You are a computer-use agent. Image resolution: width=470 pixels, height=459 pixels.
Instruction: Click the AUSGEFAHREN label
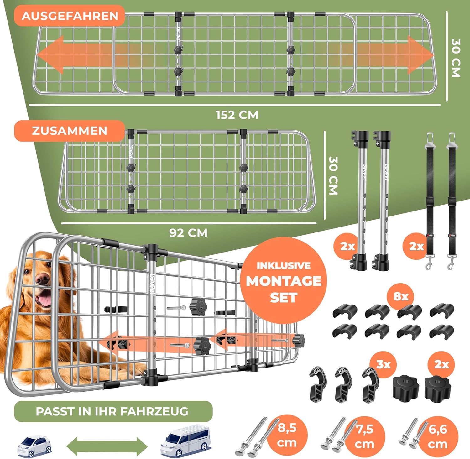point(70,16)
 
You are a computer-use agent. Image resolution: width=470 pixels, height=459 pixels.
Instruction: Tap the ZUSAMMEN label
point(69,131)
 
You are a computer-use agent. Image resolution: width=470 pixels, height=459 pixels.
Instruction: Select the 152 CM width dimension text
point(237,115)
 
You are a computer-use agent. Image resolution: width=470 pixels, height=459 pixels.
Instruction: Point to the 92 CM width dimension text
point(188,233)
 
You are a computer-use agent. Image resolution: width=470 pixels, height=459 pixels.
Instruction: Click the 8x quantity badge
point(400,296)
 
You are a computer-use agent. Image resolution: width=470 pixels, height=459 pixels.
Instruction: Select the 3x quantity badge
point(383,364)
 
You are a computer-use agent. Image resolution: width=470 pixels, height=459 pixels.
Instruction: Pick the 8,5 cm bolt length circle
point(287,435)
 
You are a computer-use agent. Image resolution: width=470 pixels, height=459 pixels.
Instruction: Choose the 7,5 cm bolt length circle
point(365,436)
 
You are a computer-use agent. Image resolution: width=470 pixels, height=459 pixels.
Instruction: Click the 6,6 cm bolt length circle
point(438,436)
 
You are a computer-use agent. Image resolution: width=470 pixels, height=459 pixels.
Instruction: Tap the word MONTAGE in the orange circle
point(284,281)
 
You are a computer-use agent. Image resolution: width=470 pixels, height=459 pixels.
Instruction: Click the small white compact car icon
point(34,446)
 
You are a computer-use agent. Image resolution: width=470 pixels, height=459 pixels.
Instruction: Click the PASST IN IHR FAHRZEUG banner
point(113,411)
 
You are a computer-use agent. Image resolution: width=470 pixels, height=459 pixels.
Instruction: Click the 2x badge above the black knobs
point(442,364)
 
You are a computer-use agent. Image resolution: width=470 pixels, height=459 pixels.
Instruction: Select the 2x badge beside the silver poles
point(347,246)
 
